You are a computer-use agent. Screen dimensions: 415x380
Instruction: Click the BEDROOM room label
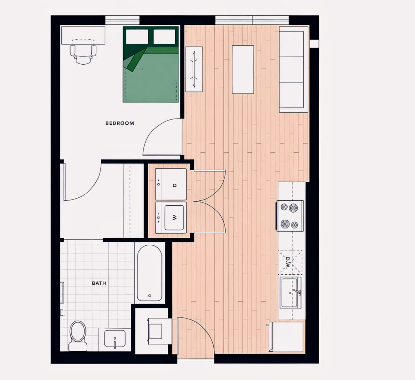pos(120,123)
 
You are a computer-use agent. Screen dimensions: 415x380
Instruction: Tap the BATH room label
pos(99,283)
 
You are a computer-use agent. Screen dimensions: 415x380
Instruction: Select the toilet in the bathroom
pos(78,336)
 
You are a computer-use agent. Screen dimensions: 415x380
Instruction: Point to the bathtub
pos(150,273)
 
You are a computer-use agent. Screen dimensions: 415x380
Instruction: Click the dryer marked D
pos(171,184)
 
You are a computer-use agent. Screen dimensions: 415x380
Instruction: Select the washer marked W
pos(171,218)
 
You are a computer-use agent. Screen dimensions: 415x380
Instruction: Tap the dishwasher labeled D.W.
pos(290,262)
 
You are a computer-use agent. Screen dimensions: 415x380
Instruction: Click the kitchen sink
pos(290,292)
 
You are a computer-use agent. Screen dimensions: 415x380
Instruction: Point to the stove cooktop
pos(289,216)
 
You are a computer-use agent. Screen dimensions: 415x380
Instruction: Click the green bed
pos(151,64)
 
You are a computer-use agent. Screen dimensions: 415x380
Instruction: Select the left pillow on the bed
pos(137,37)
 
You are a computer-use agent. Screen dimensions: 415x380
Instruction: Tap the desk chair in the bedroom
pos(83,54)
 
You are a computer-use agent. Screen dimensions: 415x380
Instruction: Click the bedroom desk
pos(83,35)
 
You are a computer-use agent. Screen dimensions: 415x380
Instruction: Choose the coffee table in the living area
pos(243,70)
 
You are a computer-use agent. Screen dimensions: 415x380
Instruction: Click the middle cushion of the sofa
pos(291,69)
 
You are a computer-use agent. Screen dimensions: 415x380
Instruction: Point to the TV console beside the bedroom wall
pos(194,69)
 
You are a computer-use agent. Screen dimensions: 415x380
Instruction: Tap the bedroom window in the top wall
pos(122,20)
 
